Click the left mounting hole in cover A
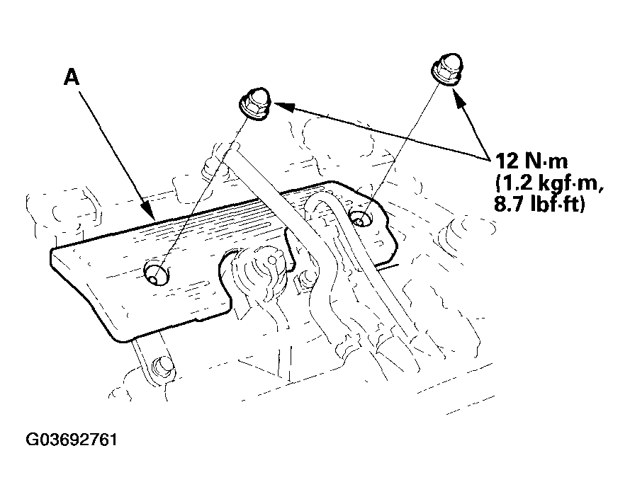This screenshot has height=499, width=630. pos(155,273)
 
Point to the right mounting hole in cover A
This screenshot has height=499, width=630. pos(361,217)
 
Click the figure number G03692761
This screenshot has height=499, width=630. pos(71,440)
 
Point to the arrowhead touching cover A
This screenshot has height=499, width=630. pos(150,211)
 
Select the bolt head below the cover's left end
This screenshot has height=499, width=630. pos(163,366)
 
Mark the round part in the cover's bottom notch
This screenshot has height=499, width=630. pos(257,265)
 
